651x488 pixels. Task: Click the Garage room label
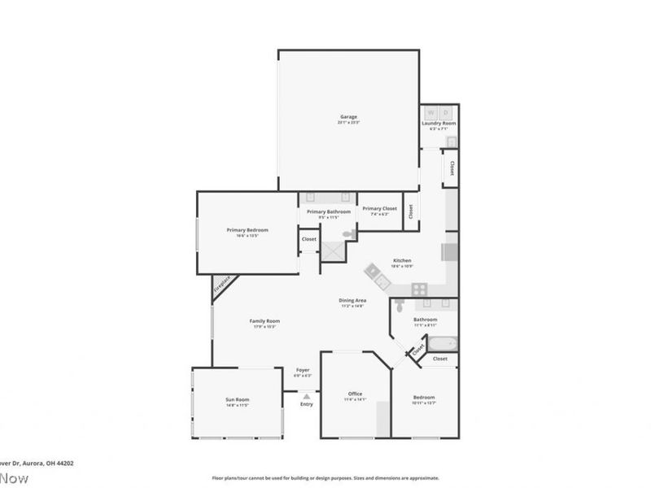click(x=348, y=117)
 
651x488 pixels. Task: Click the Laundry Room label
click(x=439, y=124)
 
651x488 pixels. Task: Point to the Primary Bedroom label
click(x=247, y=230)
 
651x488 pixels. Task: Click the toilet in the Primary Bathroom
click(x=348, y=233)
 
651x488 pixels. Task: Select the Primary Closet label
click(x=379, y=209)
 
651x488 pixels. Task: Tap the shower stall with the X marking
click(x=332, y=252)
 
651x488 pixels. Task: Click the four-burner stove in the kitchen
click(x=420, y=288)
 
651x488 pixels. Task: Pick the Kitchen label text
click(x=402, y=260)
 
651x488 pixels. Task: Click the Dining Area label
click(x=352, y=301)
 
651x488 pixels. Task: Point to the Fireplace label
click(x=222, y=285)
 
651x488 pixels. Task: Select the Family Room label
click(x=264, y=321)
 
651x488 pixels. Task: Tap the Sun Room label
click(x=237, y=400)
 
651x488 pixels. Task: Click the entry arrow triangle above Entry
click(x=306, y=396)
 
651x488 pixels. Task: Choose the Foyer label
click(x=303, y=370)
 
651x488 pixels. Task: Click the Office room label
click(x=355, y=394)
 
